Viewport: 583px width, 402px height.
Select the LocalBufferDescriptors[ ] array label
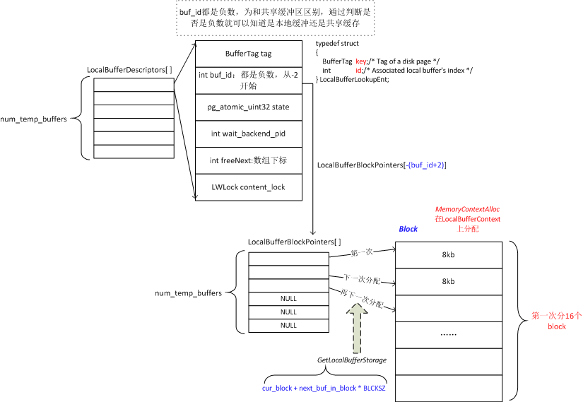[x=129, y=70]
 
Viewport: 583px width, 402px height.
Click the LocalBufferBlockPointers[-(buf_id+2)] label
[x=382, y=165]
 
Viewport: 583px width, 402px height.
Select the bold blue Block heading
[x=408, y=229]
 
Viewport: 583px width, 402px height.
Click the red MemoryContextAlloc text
[x=467, y=210]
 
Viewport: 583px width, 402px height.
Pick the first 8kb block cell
[x=449, y=255]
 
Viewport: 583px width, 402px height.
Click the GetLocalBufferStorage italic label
[x=351, y=360]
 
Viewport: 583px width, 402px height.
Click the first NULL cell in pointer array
[x=288, y=299]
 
